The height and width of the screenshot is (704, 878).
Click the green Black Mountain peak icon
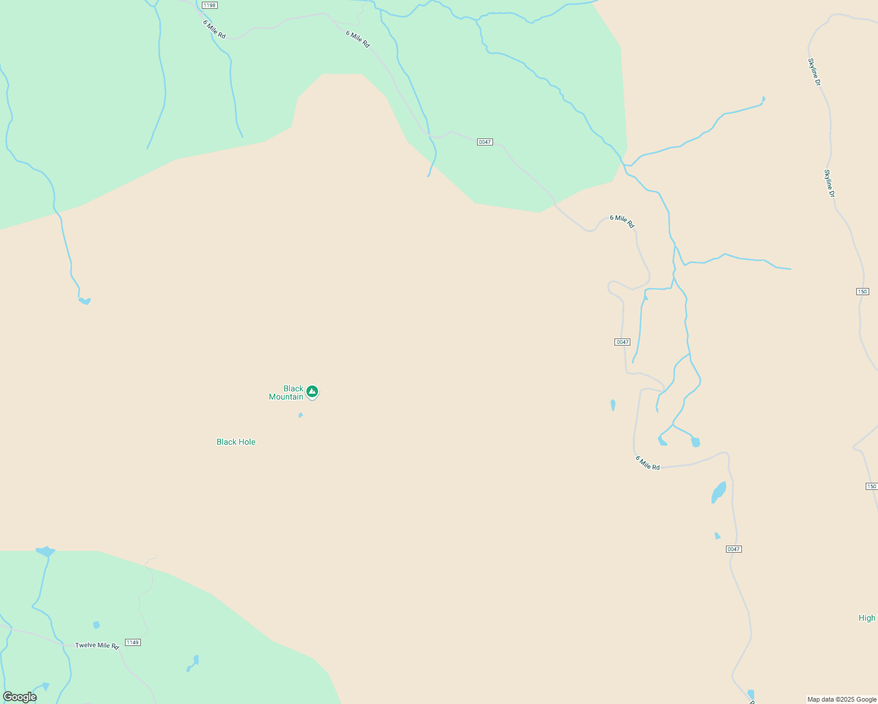pos(312,391)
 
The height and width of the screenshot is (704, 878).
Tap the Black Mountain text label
pos(286,392)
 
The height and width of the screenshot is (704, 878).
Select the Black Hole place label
pos(236,442)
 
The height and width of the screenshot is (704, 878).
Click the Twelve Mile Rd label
pos(97,645)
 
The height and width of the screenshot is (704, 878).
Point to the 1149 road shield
pos(133,642)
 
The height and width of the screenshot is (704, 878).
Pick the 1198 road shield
pos(210,5)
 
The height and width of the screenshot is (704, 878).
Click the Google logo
pos(20,697)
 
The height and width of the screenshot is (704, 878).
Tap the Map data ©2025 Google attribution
pos(842,699)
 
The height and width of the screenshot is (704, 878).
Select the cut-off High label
pos(867,618)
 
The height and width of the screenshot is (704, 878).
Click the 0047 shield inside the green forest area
pos(484,142)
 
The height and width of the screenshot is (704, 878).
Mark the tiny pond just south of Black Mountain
pos(300,415)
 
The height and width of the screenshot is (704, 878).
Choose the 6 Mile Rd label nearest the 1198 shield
pos(214,29)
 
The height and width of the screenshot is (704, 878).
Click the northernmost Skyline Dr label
pos(814,72)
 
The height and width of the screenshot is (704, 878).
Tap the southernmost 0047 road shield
pos(734,549)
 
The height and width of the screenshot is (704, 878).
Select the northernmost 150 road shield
pos(862,292)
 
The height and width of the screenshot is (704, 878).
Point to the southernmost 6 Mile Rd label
pos(647,463)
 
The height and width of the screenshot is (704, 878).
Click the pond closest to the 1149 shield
pos(96,625)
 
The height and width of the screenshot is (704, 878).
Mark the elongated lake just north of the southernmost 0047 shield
pos(718,492)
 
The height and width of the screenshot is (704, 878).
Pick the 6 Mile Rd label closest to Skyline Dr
pos(622,221)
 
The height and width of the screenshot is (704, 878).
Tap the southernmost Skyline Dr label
pos(829,183)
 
